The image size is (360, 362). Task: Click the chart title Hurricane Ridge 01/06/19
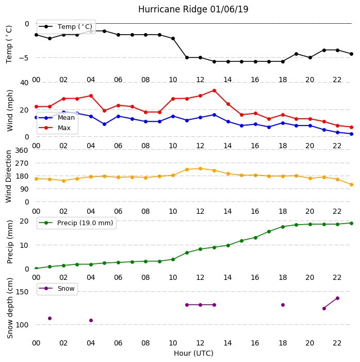coord(193,9)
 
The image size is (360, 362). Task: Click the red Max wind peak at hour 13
coord(214,91)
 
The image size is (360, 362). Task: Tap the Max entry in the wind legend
coord(55,128)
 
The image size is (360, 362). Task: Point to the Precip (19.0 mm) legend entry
coord(76,223)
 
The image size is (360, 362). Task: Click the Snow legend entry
coord(57,289)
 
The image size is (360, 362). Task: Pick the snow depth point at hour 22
coord(337,298)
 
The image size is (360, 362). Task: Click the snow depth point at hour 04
coord(91,321)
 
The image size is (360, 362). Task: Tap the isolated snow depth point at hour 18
coord(283,305)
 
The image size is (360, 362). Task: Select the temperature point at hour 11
coord(187,57)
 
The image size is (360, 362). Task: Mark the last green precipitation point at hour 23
coord(351,223)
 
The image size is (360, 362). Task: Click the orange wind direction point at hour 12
coord(201,169)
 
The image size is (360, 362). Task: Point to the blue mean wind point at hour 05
coord(104,124)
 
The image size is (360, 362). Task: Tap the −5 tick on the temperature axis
coord(24,58)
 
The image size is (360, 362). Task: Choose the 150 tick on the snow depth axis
coord(22,292)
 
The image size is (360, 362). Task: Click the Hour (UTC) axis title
coord(193,353)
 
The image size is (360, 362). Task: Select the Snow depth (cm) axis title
coord(10,308)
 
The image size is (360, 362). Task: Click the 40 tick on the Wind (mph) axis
coord(24,83)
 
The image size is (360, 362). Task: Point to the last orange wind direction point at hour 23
coord(351,185)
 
